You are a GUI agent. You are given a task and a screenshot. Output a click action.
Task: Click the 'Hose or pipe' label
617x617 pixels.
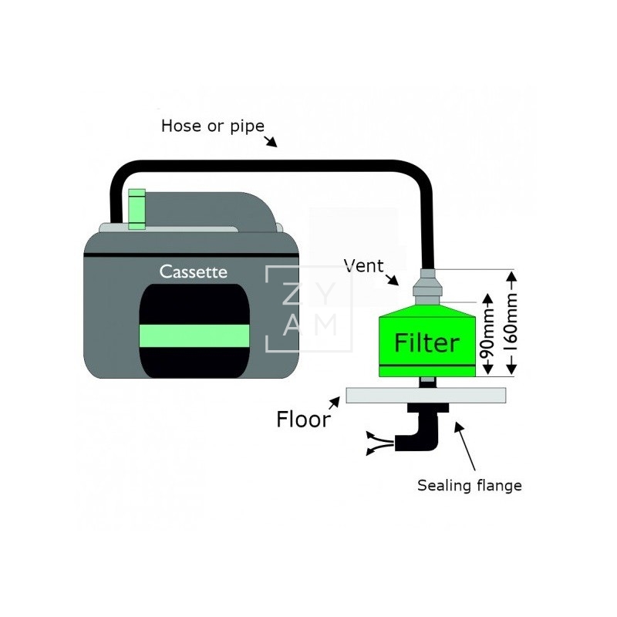point(212,126)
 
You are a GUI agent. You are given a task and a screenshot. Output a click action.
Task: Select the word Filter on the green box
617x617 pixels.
point(427,342)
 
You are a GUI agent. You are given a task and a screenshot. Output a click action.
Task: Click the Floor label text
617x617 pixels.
point(303,420)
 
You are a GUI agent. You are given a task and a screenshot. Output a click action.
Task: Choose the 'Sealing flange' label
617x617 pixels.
point(469,485)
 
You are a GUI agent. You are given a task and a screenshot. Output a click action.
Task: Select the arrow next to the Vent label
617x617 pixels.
point(393,279)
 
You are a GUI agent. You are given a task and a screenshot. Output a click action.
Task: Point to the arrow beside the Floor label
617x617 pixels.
point(335,402)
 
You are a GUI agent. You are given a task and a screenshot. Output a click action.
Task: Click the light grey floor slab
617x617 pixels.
point(427,395)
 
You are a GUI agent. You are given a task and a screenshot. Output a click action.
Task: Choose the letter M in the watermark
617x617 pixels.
point(327,325)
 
